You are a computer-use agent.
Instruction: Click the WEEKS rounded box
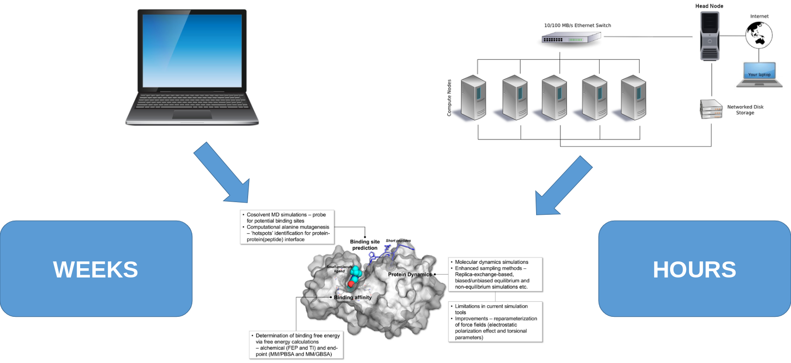tap(96, 269)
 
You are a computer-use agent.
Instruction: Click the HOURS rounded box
tap(694, 269)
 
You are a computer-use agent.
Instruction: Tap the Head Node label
tap(709, 6)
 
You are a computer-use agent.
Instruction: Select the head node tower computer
tap(709, 36)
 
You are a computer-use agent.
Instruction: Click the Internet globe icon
tap(759, 35)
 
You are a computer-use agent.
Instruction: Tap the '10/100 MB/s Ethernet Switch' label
tap(577, 25)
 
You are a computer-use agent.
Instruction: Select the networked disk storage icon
tap(711, 109)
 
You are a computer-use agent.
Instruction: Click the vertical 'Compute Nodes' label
tap(449, 98)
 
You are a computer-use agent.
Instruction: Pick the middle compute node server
tap(555, 98)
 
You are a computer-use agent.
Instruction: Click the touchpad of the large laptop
tap(192, 115)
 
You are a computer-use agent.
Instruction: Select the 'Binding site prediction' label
tap(365, 245)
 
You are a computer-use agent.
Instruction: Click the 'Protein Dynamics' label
tap(409, 275)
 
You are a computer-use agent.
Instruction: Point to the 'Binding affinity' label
tap(353, 297)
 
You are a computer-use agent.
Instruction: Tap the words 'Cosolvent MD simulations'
tap(276, 214)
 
